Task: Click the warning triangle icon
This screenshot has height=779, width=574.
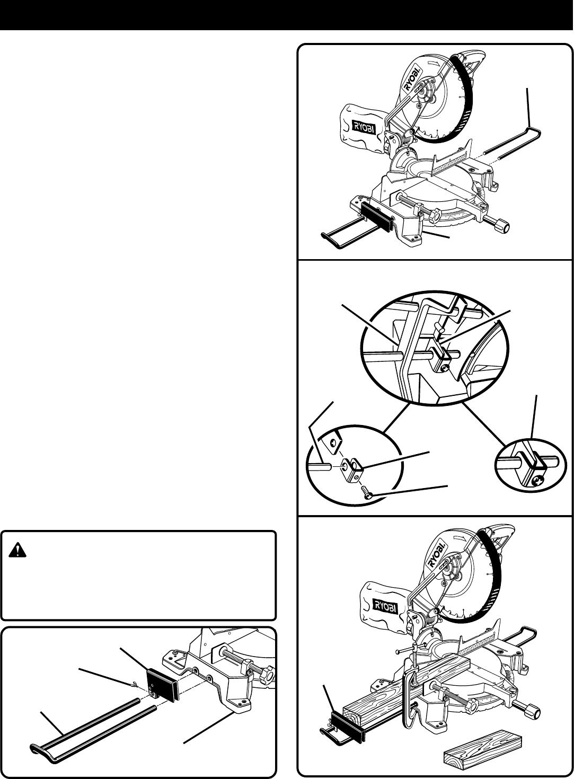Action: coord(17,552)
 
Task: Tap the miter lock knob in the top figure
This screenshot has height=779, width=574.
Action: coord(501,226)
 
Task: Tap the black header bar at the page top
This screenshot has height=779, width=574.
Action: coord(287,14)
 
